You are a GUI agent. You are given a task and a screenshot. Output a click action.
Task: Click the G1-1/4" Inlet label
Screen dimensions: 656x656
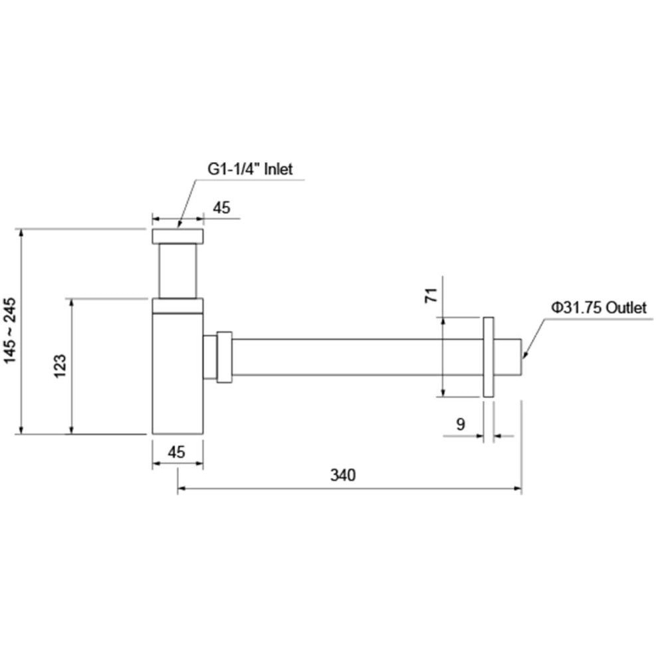click(250, 169)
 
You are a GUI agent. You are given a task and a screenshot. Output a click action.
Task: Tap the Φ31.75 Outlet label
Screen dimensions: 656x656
click(599, 308)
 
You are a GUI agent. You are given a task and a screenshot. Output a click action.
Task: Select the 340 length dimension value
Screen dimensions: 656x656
click(343, 475)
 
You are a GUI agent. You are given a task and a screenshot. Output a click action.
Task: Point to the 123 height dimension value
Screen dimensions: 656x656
click(60, 366)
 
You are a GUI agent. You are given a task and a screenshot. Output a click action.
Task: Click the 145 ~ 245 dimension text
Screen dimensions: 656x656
click(9, 330)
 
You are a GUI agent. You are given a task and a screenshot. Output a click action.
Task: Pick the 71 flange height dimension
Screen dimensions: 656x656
click(431, 295)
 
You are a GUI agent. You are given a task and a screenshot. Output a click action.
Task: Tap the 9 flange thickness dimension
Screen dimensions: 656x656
click(461, 424)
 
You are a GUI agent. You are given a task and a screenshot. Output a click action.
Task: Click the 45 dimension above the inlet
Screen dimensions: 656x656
click(221, 207)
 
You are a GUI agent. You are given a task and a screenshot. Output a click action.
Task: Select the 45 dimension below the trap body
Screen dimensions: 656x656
click(176, 452)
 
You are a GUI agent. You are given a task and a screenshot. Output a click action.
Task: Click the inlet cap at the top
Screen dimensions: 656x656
click(178, 237)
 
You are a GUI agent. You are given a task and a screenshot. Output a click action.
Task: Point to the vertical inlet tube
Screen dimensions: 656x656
click(178, 271)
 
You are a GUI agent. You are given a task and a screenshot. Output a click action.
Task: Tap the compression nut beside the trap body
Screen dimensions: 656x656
click(224, 357)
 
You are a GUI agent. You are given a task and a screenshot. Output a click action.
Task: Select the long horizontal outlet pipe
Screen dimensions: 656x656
click(358, 357)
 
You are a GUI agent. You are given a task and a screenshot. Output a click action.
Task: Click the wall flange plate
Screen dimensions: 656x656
click(489, 357)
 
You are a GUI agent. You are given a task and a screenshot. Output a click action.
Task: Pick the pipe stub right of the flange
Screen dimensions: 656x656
click(508, 357)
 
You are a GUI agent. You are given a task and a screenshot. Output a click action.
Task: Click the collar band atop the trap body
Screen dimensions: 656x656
click(178, 306)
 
